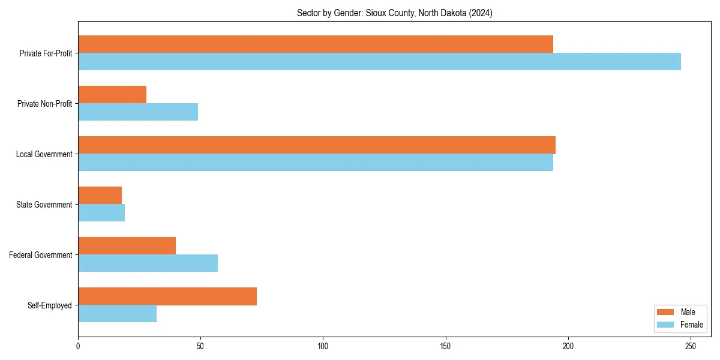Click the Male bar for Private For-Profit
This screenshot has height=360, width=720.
[316, 44]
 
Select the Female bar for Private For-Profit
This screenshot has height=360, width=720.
[379, 62]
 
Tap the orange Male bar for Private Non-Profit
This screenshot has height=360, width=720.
[112, 95]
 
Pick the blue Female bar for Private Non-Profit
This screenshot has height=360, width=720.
[138, 112]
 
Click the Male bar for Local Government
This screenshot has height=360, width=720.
[317, 145]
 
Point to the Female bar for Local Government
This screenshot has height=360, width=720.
[316, 163]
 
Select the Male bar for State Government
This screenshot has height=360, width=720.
[100, 196]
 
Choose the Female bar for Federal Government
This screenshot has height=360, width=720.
[148, 263]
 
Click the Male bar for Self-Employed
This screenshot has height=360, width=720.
[167, 296]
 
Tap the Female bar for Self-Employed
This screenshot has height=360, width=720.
[117, 314]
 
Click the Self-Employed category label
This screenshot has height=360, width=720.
[50, 305]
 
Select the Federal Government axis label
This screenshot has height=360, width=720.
[41, 255]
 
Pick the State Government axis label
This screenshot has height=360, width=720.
[44, 205]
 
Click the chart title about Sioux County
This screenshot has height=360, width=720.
[394, 13]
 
